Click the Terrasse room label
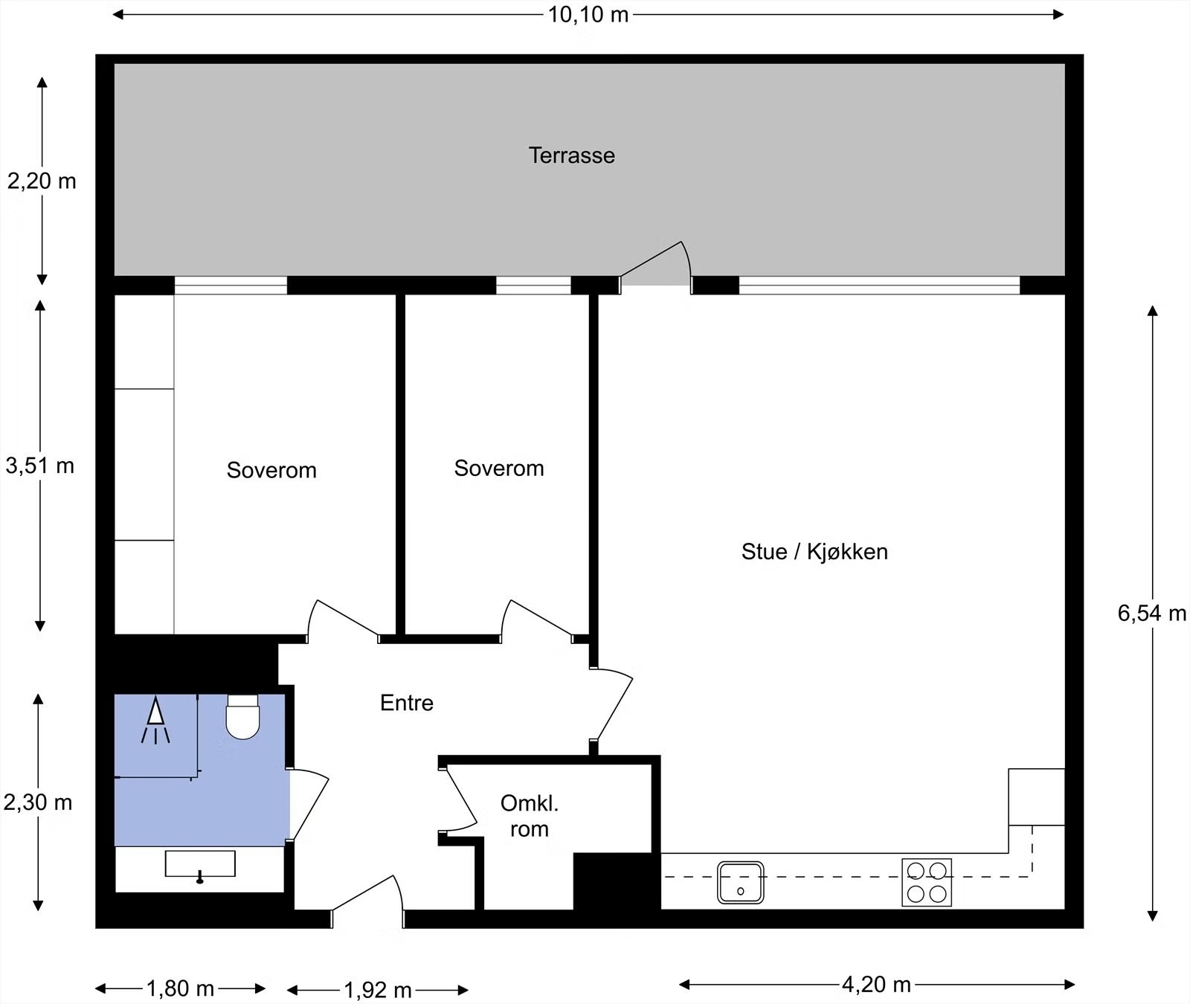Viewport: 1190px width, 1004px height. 571,155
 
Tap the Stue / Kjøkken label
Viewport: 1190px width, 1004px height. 814,552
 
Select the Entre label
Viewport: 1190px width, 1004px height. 406,703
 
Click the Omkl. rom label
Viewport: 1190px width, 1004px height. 530,816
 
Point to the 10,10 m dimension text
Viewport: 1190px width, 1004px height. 588,14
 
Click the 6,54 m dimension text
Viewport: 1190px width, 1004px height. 1151,613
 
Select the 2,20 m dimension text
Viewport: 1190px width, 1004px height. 42,181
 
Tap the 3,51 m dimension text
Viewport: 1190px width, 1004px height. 40,466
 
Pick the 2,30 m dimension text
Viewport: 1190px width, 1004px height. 38,802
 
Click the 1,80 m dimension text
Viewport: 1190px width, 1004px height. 180,988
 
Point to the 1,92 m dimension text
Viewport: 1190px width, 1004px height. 378,990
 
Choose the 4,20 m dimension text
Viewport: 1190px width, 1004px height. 876,985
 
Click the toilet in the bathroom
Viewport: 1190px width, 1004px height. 242,717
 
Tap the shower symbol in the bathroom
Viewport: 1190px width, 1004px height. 155,720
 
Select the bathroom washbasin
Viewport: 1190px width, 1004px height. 200,865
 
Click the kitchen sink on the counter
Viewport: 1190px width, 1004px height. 740,882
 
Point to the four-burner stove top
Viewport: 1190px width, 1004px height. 927,882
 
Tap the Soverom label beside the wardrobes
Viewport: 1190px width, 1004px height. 271,470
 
